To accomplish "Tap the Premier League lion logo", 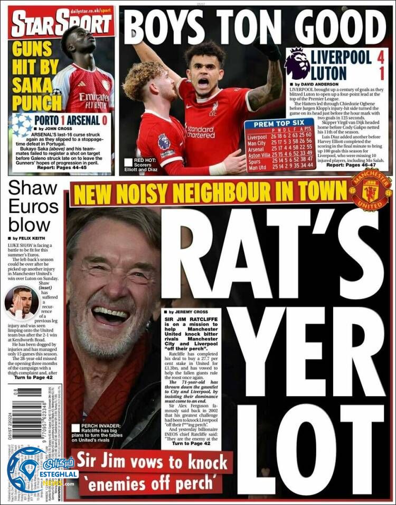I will (297, 64).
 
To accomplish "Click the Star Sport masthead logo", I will (62, 23).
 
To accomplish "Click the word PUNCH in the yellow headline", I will (37, 102).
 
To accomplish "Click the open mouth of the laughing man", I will (110, 316).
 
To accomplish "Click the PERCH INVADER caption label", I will (96, 425).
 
